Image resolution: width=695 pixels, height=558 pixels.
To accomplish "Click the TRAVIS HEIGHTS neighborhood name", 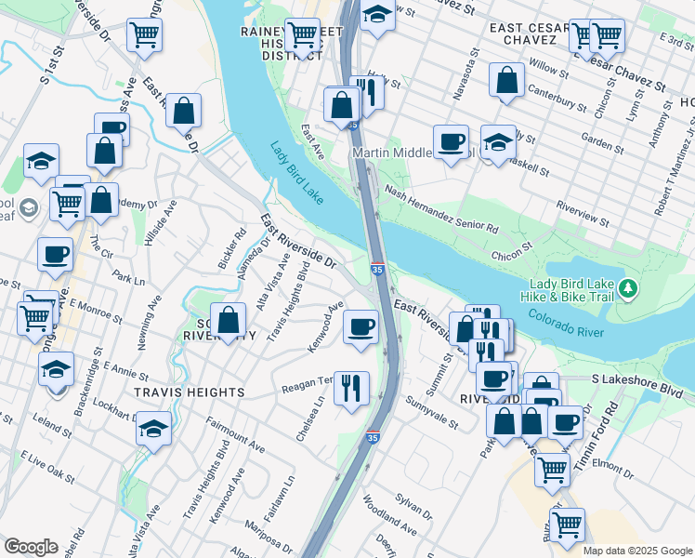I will pos(189,392).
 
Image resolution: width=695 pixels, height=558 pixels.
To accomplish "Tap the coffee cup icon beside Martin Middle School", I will pos(452,141).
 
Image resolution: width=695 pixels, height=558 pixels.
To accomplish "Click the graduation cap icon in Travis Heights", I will pos(154,429).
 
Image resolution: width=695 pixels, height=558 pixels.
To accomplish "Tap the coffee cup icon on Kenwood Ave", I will pos(361,326).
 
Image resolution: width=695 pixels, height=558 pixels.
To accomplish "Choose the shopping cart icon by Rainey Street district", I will pos(302,36).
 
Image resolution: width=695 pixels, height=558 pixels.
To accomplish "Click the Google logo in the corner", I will pos(31,547).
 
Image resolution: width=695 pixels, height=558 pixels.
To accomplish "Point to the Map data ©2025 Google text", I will pos(636,551).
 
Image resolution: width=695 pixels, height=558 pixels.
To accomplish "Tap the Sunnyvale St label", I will pos(431,412).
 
